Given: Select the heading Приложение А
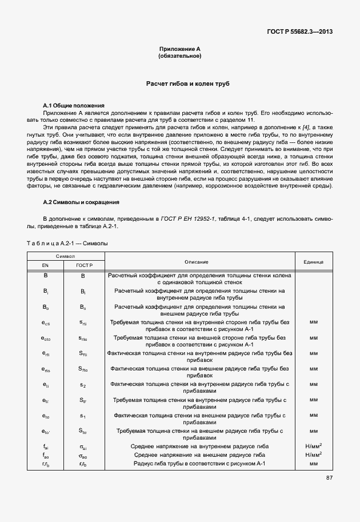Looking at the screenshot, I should pyautogui.click(x=179, y=50).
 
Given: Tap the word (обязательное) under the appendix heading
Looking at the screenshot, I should pyautogui.click(x=179, y=57).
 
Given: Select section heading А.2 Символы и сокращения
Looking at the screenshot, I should pyautogui.click(x=81, y=202).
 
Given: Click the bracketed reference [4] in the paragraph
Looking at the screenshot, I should pyautogui.click(x=307, y=126).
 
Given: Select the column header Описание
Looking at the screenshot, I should pyautogui.click(x=196, y=261).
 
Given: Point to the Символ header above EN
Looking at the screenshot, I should pyautogui.click(x=65, y=257).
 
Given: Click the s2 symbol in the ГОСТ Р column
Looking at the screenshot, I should pyautogui.click(x=83, y=385).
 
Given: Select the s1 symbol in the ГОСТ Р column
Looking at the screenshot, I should pyautogui.click(x=83, y=416).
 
